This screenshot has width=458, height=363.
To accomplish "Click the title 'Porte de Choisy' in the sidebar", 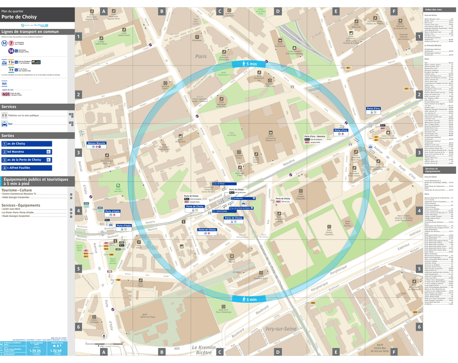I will (19, 17).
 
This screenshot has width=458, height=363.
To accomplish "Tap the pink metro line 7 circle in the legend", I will (11, 43).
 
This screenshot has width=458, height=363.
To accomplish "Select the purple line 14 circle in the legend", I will (11, 51).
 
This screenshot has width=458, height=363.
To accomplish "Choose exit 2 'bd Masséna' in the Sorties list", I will (26, 152).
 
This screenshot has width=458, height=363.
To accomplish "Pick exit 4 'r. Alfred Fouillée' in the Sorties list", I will (26, 168).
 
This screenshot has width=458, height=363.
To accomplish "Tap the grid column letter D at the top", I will (278, 11).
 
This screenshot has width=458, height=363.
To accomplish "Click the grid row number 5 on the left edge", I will (79, 268).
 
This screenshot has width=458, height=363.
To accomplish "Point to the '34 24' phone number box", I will (35, 350).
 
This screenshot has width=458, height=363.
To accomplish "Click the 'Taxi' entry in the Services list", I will (11, 124).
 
